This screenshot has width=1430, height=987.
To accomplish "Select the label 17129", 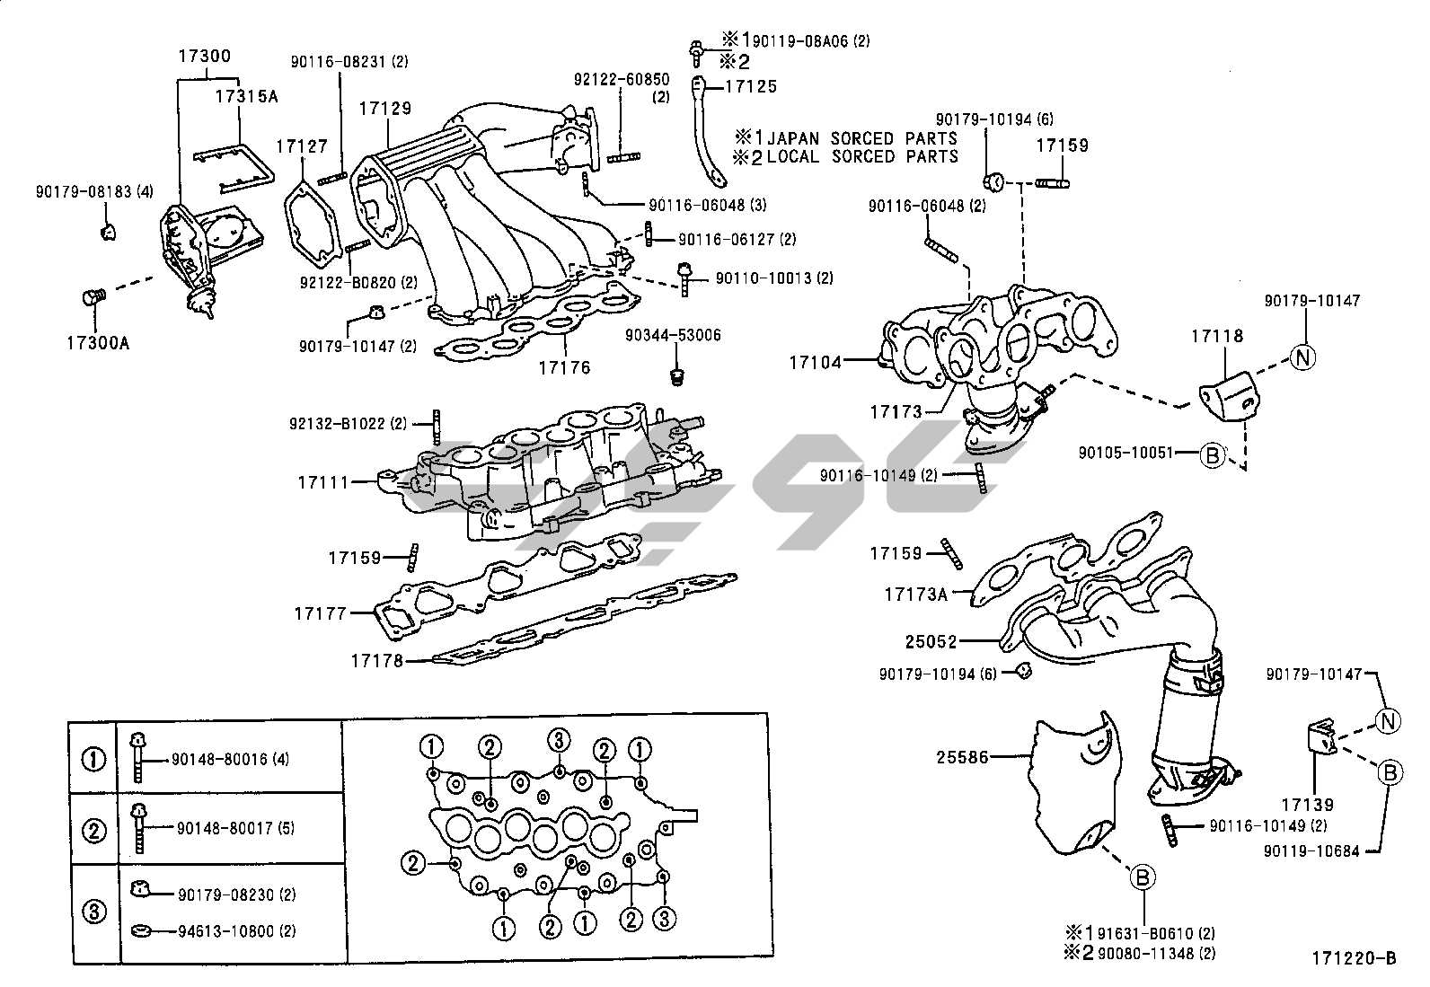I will click(385, 109).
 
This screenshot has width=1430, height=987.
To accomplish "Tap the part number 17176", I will click(564, 366).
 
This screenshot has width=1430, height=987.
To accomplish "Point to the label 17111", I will click(323, 482).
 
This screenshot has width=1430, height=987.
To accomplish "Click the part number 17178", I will click(376, 662).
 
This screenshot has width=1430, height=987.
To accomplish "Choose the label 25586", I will click(963, 757).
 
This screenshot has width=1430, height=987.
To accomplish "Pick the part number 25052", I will click(931, 642).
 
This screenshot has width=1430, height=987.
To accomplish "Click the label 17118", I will click(1217, 336).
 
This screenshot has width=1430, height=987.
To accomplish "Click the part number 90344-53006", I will click(674, 336).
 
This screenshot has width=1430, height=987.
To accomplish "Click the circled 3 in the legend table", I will click(94, 912).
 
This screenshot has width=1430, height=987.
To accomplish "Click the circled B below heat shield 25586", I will click(1143, 877).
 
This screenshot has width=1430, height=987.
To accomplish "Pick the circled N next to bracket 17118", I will click(1302, 357).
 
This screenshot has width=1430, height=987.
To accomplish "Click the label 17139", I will click(1308, 806).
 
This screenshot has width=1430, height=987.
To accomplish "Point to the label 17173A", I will click(916, 594).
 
